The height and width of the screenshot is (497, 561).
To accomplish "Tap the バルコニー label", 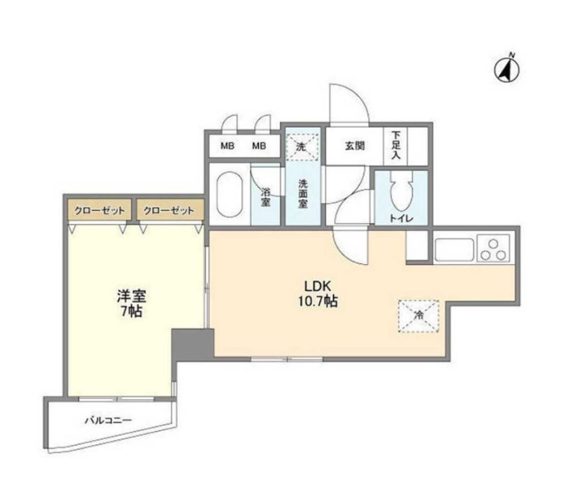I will click(109, 420).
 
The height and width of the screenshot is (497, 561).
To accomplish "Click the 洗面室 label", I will click(303, 193).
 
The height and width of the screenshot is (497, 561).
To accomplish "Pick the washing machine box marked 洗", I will click(302, 147).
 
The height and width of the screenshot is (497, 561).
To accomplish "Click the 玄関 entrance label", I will click(355, 147).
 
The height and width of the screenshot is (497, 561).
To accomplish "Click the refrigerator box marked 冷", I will click(419, 314).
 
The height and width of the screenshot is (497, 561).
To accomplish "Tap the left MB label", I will click(227, 147).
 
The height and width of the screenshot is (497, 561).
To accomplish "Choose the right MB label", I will click(259, 147).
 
